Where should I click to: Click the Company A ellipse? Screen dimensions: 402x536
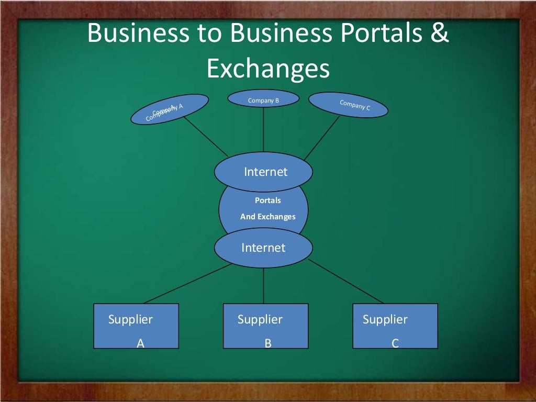[169, 109]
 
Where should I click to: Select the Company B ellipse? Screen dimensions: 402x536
[263, 99]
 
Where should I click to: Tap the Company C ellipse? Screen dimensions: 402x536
[349, 105]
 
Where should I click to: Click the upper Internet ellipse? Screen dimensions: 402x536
[263, 172]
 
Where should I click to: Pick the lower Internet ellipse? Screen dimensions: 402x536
[263, 248]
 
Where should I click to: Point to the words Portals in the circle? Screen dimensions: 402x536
[267, 200]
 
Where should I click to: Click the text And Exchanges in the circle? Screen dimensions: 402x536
[267, 217]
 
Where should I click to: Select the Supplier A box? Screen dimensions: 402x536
[136, 326]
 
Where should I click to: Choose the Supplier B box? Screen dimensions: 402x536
[265, 326]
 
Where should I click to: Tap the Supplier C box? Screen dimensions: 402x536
[395, 326]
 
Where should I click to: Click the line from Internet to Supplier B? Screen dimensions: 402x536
[263, 286]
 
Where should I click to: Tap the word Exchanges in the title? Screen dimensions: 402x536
[268, 69]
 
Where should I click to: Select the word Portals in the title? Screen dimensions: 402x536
[381, 33]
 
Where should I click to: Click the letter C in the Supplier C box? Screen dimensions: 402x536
[395, 343]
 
